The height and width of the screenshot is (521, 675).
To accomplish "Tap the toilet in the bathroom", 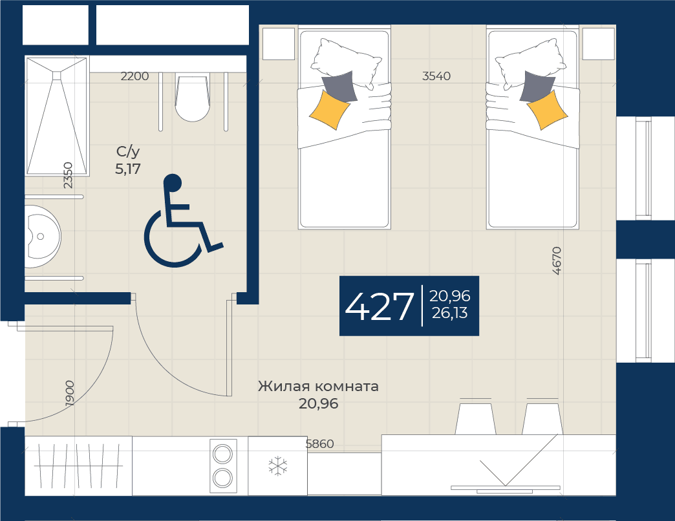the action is pos(193,99).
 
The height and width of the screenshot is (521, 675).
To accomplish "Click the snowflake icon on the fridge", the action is pos(277,466).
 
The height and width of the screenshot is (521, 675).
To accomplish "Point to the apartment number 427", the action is pos(379,307).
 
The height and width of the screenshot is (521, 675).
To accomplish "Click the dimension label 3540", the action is pos(436,76).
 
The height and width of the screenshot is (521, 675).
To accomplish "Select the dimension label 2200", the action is pos(134,76).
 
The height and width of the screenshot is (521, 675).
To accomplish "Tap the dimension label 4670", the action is pos(557,260).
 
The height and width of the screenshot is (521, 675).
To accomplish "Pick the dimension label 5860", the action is pos(319,443).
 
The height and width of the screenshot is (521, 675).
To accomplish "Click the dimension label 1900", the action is pos(70,393).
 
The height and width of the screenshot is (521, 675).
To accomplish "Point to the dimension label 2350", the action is pos(68,175).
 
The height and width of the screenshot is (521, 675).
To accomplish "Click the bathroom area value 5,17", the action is pos(128,169).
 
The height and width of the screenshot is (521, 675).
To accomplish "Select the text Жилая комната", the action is pos(318,386).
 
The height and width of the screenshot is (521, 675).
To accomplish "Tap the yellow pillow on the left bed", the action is pos(329,109).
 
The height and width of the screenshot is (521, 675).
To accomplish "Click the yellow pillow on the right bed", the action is pos(547,110).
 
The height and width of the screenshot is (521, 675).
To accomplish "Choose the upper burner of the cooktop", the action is pos(222,454).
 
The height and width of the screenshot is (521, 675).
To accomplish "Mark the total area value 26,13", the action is pos(449,313).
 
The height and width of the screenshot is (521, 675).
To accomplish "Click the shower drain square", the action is pos(57,75).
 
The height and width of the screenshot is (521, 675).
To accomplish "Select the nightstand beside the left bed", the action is pos(279,44).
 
